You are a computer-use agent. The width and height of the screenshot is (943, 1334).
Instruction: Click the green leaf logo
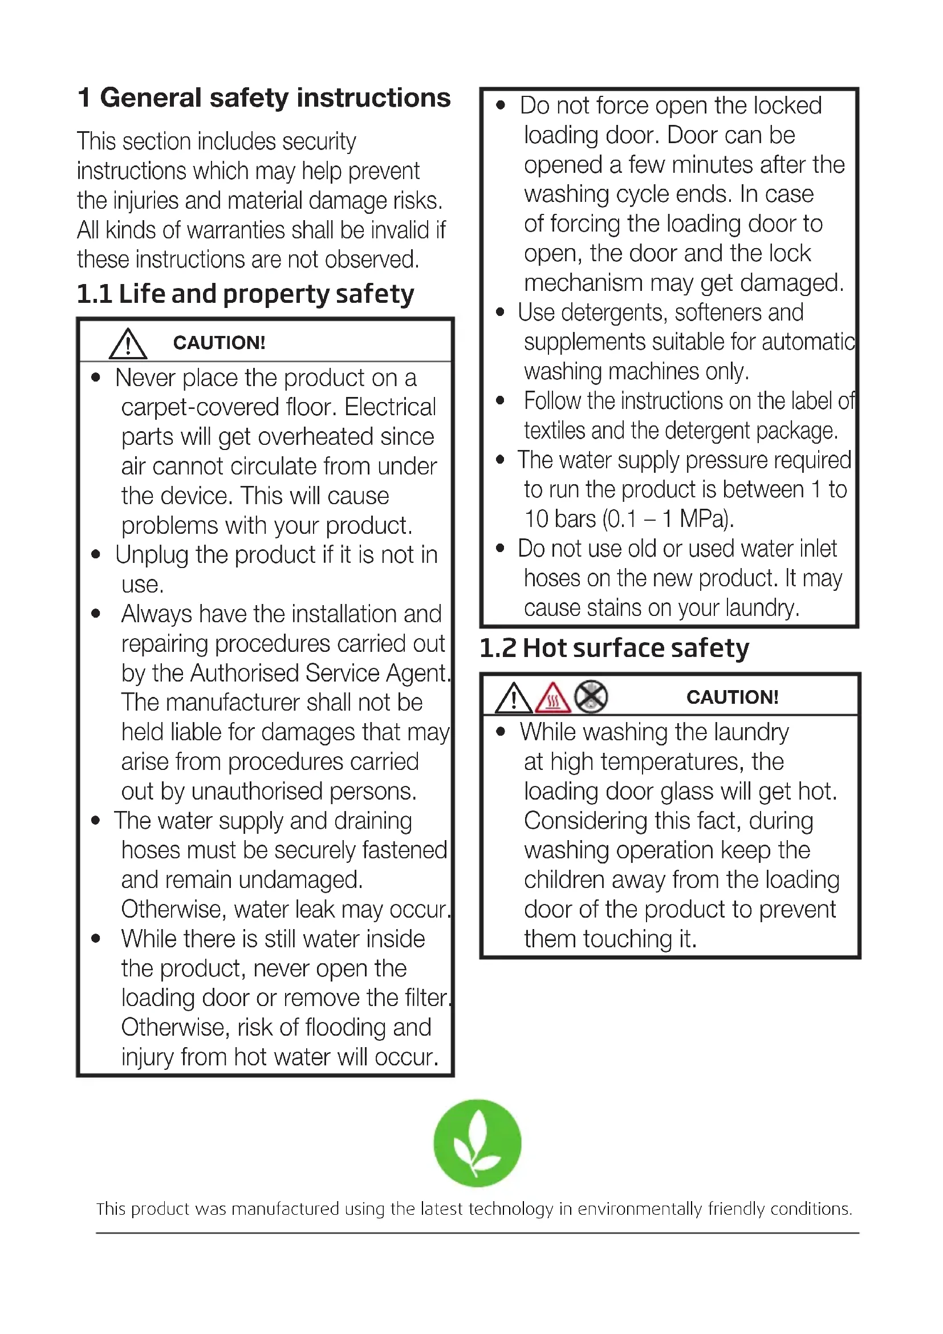click(477, 1142)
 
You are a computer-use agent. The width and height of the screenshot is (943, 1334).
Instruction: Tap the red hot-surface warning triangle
click(553, 698)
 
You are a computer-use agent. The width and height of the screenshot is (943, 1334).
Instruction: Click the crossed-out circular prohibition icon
click(591, 696)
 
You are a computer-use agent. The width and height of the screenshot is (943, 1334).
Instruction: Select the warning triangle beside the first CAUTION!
click(128, 344)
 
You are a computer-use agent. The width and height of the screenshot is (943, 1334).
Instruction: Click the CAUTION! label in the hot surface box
click(731, 697)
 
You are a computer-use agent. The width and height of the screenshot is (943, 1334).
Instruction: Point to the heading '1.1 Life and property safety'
click(245, 294)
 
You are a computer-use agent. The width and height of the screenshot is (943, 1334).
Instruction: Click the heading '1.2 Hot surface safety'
click(614, 648)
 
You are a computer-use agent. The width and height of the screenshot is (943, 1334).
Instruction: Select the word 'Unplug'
click(152, 555)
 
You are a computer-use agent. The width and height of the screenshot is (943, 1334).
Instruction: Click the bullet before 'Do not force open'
click(501, 106)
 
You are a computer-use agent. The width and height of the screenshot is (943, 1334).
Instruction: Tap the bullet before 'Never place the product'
click(96, 378)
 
